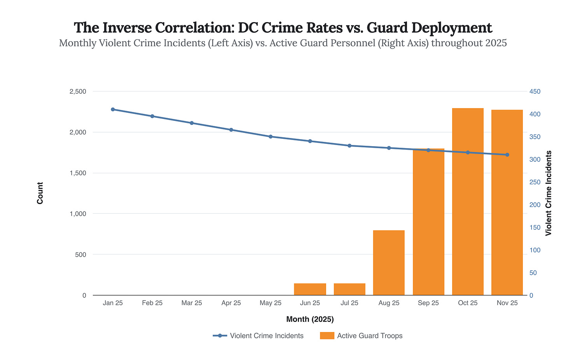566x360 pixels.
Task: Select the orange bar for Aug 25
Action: tap(389, 263)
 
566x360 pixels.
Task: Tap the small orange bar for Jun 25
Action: tap(310, 289)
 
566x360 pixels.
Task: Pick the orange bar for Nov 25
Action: tap(507, 202)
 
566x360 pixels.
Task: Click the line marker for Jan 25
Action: tap(113, 109)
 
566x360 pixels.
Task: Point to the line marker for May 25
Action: tap(271, 136)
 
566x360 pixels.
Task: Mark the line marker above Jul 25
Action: tap(349, 145)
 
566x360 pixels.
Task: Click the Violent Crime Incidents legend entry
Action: tap(259, 336)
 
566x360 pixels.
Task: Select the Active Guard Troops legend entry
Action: tap(362, 336)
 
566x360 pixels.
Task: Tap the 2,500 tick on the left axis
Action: tap(78, 91)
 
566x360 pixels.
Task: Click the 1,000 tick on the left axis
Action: tap(78, 214)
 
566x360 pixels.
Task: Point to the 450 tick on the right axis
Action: tap(535, 91)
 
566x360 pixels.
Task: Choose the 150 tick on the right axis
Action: tap(535, 227)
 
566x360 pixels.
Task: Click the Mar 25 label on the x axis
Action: tap(192, 303)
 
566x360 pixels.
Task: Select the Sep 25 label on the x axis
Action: tap(428, 303)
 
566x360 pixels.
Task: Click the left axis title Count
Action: tap(40, 193)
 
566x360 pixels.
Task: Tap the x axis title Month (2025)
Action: tap(310, 319)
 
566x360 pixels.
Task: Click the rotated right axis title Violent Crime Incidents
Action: tap(549, 193)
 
